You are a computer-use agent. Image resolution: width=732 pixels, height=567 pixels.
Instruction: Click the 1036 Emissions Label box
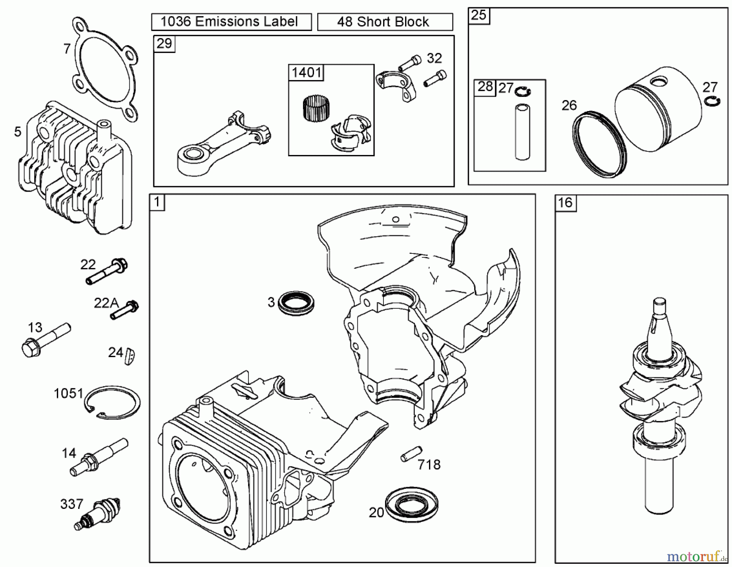tap(231, 22)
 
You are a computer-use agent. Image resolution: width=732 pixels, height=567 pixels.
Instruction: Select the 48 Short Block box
tap(384, 22)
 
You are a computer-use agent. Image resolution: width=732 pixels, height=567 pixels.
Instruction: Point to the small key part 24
tap(130, 356)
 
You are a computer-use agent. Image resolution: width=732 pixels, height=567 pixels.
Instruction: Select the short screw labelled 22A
tap(124, 310)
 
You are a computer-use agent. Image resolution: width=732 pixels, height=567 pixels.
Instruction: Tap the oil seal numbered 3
tap(296, 302)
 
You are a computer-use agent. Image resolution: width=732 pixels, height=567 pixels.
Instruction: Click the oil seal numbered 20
tap(411, 504)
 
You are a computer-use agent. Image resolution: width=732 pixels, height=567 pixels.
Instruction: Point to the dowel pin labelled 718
tap(411, 454)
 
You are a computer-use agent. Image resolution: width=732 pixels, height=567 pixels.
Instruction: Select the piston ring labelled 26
tap(599, 144)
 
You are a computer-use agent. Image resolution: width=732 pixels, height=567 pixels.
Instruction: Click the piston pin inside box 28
tap(522, 132)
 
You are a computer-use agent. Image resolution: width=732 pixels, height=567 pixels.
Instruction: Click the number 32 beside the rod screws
tap(434, 59)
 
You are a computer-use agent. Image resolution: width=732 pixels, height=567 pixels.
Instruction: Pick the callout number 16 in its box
tap(565, 203)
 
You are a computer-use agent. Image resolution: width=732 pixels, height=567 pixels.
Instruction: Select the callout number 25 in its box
tap(478, 15)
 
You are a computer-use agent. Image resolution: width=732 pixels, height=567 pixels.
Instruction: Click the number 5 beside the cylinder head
tap(17, 132)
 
